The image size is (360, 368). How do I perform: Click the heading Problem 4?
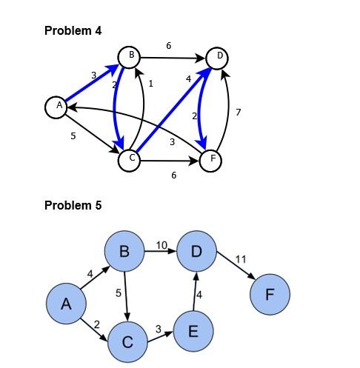(73, 30)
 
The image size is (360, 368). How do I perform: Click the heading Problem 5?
(73, 205)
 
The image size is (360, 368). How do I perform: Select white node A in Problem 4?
(56, 107)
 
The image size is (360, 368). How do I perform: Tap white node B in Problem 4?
(130, 56)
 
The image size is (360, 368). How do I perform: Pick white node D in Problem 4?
(217, 56)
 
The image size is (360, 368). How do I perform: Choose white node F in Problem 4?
(211, 159)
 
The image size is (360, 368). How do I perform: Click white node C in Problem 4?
(130, 159)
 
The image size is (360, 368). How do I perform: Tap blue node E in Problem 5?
(193, 329)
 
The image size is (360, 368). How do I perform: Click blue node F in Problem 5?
(269, 295)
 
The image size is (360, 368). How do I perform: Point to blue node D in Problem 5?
(196, 252)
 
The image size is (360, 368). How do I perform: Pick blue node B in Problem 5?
(124, 252)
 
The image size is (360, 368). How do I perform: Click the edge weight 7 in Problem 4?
(238, 113)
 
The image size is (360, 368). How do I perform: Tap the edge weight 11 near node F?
(240, 259)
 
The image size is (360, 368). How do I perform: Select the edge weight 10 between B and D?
(161, 245)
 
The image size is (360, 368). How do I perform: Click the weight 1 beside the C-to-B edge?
(150, 84)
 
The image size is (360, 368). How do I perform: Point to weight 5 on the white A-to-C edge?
(73, 136)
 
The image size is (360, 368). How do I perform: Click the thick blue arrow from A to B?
(90, 84)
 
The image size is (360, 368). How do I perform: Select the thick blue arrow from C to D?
(172, 109)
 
